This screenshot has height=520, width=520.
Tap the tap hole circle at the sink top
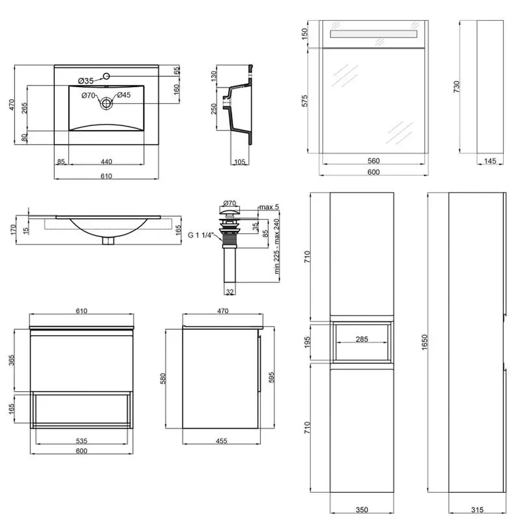tap(107, 76)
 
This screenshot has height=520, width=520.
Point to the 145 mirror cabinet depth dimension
tap(491, 161)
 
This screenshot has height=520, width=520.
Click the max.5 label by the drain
tap(269, 207)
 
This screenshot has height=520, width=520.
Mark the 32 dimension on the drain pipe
tap(230, 292)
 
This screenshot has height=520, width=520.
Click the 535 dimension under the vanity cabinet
tap(82, 441)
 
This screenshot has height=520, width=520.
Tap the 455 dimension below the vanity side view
tap(221, 441)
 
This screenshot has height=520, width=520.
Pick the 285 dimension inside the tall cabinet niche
tap(362, 339)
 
